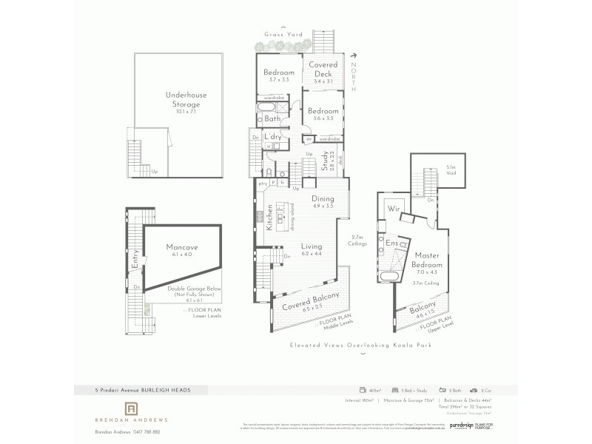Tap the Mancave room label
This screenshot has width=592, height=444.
point(181,247)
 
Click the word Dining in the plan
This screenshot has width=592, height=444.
point(323,198)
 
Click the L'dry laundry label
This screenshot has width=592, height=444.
point(282,137)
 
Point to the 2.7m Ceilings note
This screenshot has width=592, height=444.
point(359,240)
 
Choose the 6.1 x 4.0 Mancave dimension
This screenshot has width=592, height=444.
point(181,255)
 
